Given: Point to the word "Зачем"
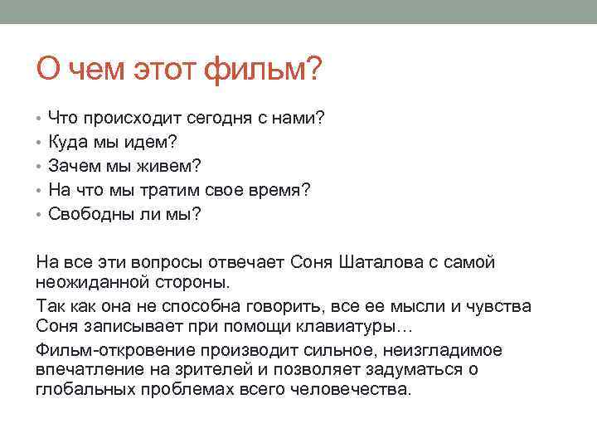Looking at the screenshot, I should point(72,166).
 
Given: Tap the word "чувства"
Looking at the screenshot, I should point(500,305).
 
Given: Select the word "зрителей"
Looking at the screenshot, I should point(187,369).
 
